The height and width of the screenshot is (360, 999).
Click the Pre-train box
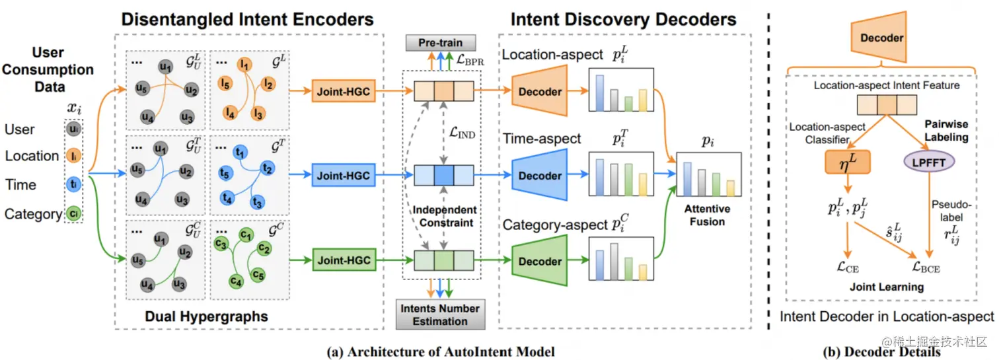pyautogui.click(x=440, y=43)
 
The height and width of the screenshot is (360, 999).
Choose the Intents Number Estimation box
pyautogui.click(x=439, y=314)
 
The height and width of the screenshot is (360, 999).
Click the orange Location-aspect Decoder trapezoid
pyautogui.click(x=539, y=92)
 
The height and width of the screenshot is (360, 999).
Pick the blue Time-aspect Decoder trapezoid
pyautogui.click(x=539, y=176)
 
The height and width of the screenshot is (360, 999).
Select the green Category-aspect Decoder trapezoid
pyautogui.click(x=539, y=262)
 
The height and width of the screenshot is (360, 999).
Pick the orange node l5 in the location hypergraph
pyautogui.click(x=225, y=85)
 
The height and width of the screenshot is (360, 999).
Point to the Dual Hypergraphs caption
pyautogui.click(x=206, y=316)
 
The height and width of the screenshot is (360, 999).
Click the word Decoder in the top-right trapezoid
pyautogui.click(x=881, y=38)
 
